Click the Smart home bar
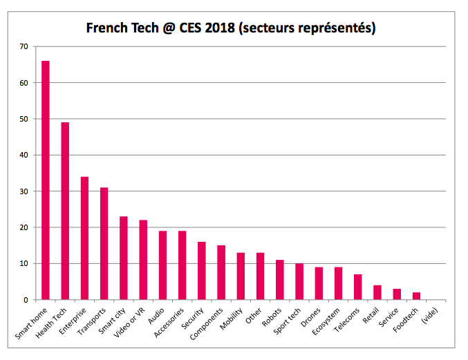46,180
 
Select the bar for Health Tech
65,211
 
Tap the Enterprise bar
84,238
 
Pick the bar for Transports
104,244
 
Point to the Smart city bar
124,258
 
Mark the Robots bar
280,280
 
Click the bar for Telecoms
358,287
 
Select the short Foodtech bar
416,296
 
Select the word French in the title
108,28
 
